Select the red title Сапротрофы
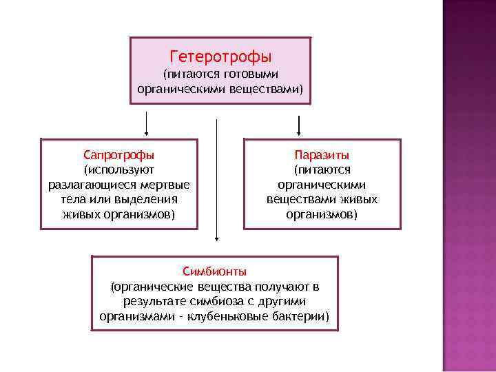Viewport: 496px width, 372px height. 118,154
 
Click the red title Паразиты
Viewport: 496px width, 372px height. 322,154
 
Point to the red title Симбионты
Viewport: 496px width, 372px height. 215,271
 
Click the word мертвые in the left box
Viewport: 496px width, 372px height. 167,185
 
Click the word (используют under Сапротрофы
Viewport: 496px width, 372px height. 119,169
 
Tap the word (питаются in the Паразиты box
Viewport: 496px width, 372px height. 322,169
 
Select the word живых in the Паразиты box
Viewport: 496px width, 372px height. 360,200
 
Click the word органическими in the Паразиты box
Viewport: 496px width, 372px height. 322,185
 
